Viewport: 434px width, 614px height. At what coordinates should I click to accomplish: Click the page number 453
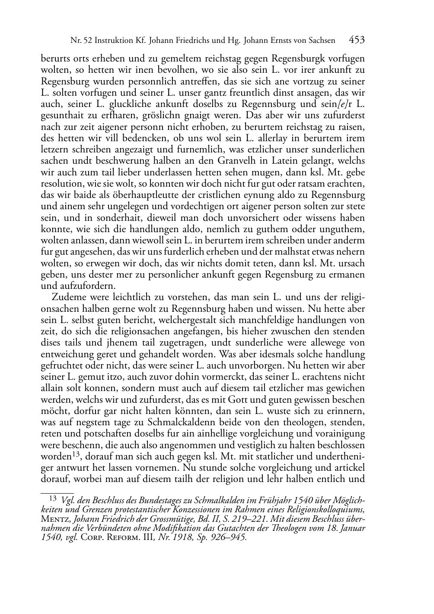pyautogui.click(x=357, y=40)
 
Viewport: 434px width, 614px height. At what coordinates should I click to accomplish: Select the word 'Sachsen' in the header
pyautogui.click(x=320, y=41)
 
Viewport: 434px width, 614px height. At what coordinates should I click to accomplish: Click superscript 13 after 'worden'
pyautogui.click(x=77, y=454)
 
